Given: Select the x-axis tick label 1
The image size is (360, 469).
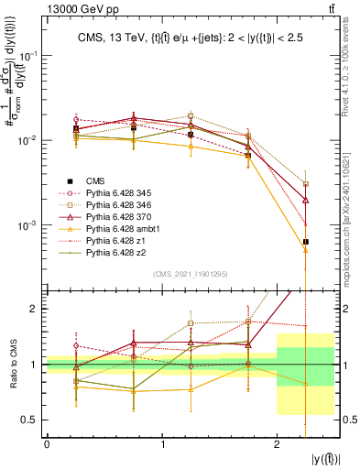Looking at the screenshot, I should (x=162, y=444).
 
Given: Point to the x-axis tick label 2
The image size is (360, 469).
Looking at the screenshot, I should (x=278, y=444).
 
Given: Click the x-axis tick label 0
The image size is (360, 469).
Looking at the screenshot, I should (x=47, y=444).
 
